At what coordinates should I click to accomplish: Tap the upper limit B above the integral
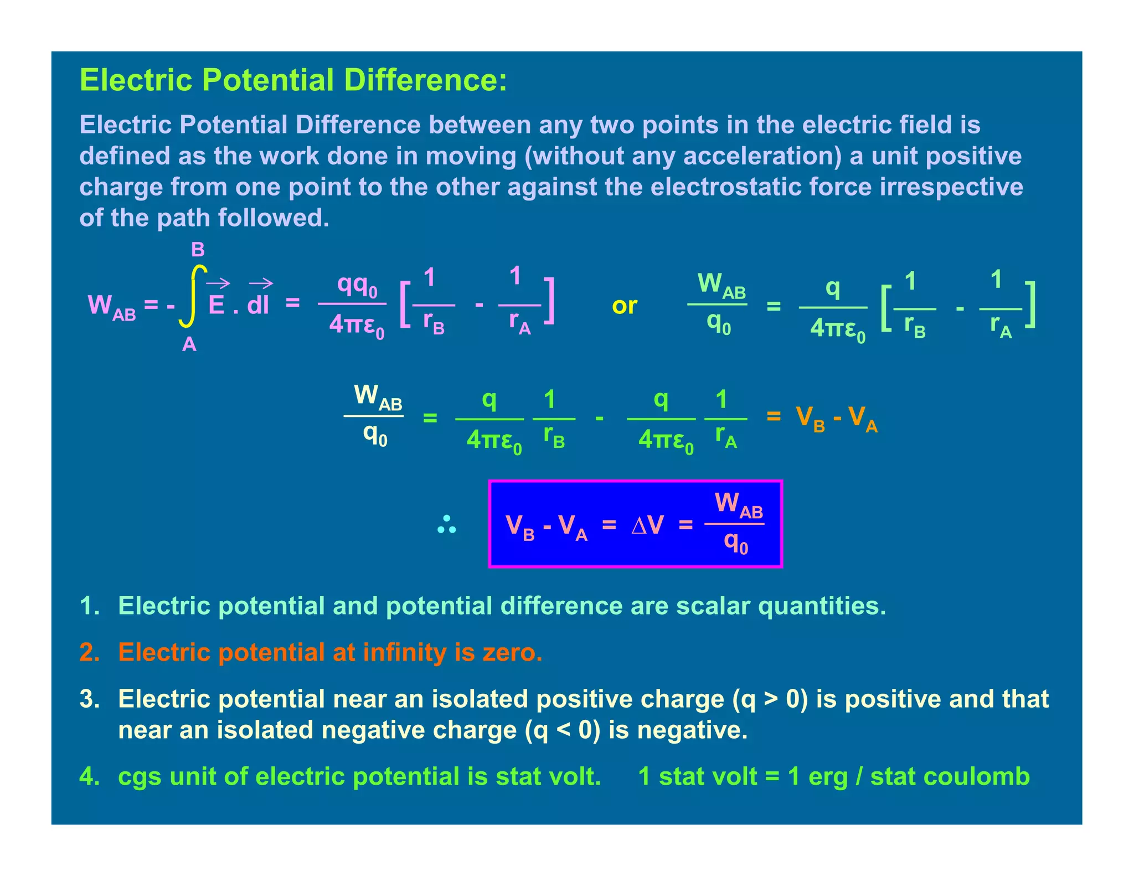(198, 250)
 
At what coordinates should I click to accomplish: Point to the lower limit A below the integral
(189, 344)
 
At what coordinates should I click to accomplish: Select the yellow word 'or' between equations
(624, 306)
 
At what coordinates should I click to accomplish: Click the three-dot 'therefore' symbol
(446, 524)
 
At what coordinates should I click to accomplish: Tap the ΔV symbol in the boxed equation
(647, 524)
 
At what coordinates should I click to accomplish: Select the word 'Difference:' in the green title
(425, 80)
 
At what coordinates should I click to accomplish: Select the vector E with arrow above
(217, 300)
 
